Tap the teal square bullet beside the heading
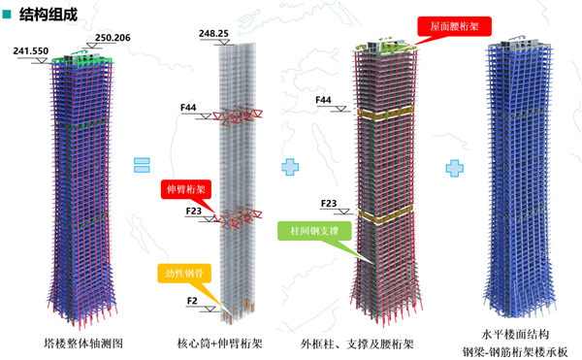8,13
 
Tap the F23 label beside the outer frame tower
330,204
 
